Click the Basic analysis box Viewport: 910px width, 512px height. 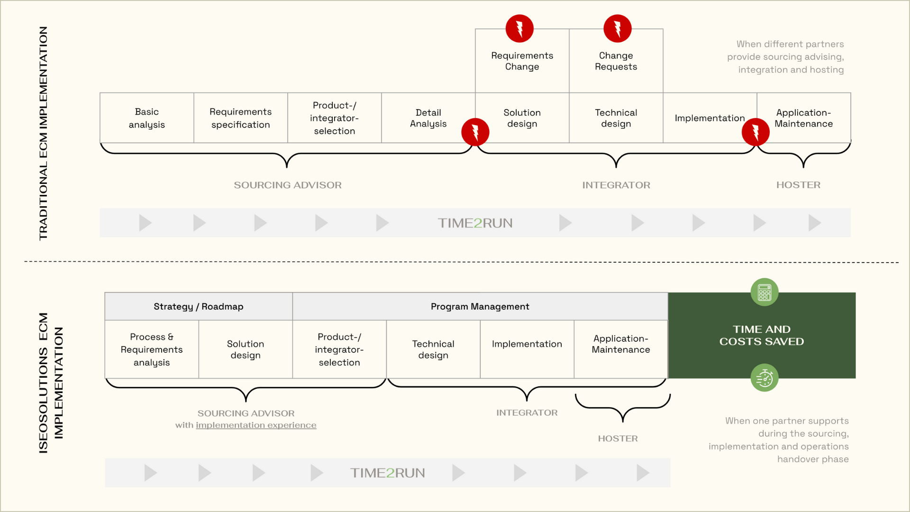tap(147, 118)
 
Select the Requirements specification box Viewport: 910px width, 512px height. tap(241, 118)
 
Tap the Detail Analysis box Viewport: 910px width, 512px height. tap(428, 118)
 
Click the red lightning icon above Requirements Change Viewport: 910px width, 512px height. tap(519, 28)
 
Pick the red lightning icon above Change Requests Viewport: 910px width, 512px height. tap(618, 28)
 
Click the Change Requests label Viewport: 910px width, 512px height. tap(616, 61)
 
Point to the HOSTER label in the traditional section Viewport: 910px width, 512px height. tap(799, 185)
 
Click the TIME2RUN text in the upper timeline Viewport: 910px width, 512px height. tap(475, 223)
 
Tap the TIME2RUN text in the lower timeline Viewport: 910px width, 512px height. tap(388, 473)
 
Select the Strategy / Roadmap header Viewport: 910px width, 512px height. tap(199, 306)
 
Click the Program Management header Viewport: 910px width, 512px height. tap(480, 306)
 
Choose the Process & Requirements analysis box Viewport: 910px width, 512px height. tap(152, 349)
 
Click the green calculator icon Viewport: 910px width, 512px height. tap(764, 292)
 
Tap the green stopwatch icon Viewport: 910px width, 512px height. tap(764, 378)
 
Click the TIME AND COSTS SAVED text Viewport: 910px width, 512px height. tap(762, 335)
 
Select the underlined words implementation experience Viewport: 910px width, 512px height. tap(256, 425)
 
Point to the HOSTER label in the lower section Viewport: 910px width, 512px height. tap(618, 439)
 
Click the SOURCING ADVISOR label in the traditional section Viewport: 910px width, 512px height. tap(288, 185)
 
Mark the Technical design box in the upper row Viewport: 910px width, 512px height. tap(616, 118)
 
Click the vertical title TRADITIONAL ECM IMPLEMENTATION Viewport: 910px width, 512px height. tap(43, 133)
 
